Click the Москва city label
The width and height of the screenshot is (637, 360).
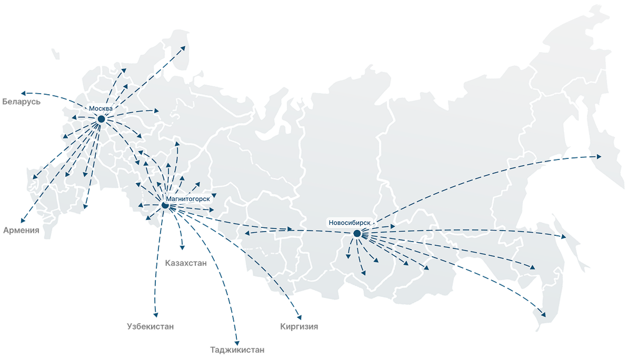coord(101,108)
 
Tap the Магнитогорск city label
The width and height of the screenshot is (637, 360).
coord(188,199)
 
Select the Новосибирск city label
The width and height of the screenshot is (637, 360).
coord(350,223)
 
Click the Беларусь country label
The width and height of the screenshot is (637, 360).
coord(21,101)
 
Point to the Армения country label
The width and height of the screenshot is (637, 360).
coord(21,230)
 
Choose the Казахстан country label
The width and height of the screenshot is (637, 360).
coord(186,263)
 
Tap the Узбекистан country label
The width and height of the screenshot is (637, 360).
coord(151,326)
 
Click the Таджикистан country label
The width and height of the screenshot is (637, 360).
coord(237,349)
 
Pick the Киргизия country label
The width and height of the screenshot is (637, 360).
coord(299,326)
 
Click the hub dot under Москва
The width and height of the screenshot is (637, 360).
coord(101,119)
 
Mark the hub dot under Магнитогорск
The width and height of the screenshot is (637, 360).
coord(165,205)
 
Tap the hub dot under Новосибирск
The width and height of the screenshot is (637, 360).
coord(357,233)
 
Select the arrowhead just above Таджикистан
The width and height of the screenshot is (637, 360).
coord(237,342)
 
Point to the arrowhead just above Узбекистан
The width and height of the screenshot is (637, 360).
coord(155,315)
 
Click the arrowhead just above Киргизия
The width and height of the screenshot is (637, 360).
coord(299,317)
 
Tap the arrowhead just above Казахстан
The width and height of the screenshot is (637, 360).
coord(183,247)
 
